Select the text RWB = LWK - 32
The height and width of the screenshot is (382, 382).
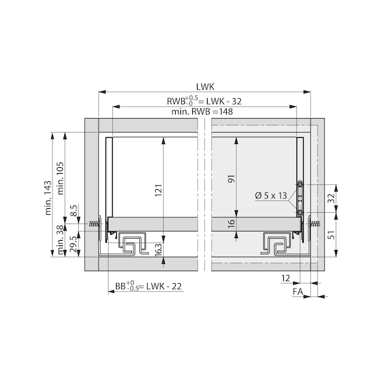[204, 101]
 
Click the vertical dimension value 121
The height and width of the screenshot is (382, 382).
[159, 191]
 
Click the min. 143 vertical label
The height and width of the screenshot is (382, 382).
[48, 198]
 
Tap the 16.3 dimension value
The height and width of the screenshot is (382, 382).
[157, 249]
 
